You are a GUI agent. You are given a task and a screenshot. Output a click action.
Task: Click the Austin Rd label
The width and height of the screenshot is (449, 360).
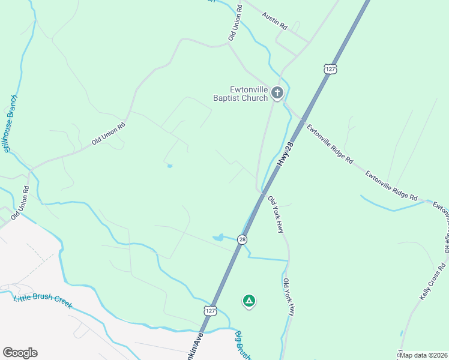pos(276,19)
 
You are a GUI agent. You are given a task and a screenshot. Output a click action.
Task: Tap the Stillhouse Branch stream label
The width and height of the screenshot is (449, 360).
pos(9,123)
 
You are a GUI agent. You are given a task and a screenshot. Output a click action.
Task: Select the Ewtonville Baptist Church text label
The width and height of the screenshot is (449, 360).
pos(241,94)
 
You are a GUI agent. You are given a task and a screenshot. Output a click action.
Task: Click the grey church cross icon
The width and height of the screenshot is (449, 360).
pos(277,92)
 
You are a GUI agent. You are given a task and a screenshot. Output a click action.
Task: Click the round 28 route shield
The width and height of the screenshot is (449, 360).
pos(242,239)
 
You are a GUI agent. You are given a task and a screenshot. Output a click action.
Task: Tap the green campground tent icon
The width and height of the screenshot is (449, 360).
pos(249,301)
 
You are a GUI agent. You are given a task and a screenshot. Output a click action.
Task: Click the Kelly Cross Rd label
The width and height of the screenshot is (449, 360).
pos(433,281)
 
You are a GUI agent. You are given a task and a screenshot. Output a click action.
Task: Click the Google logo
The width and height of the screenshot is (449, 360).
pos(20,353)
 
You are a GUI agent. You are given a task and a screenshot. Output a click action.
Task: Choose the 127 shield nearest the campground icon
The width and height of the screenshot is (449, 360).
pos(209,310)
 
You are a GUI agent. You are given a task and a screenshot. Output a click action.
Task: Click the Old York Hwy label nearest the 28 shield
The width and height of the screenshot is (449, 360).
pos(276,214)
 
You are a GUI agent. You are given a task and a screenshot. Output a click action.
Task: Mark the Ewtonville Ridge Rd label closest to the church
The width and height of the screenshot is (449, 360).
pos(330,144)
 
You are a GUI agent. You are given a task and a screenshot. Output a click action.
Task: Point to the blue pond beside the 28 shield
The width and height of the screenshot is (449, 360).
pos(218,238)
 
